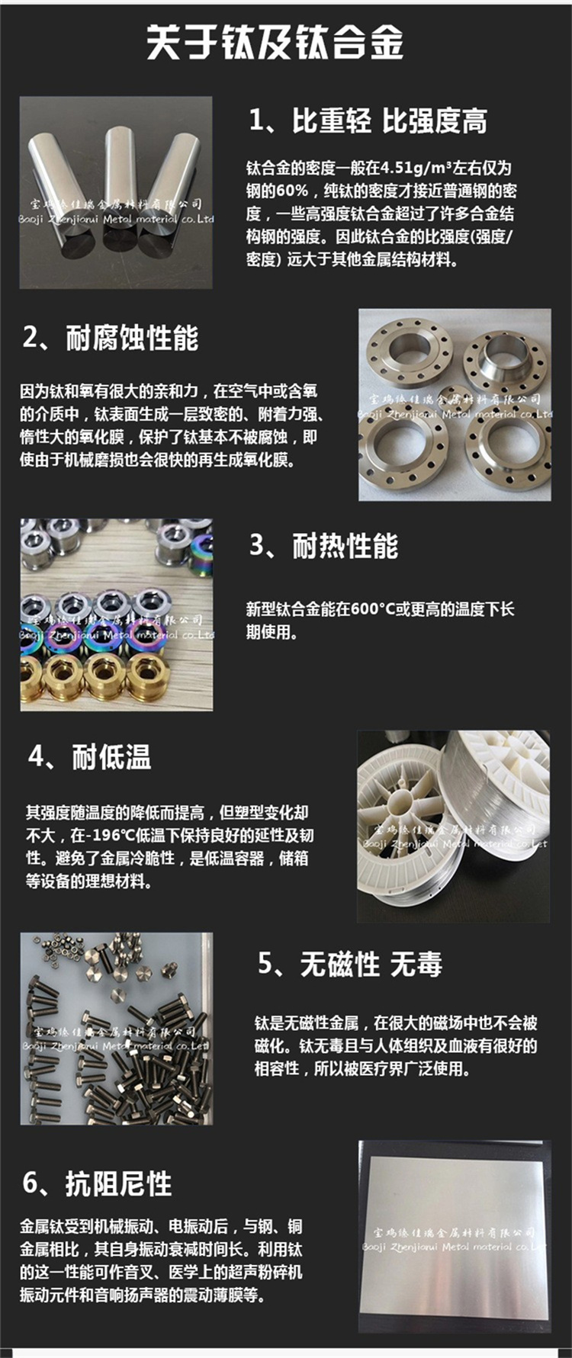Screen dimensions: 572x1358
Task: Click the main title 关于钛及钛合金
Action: [275, 41]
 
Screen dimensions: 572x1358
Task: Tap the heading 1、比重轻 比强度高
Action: [368, 121]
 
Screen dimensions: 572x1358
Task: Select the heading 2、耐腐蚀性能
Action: [111, 338]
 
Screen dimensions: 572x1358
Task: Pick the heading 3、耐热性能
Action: [324, 546]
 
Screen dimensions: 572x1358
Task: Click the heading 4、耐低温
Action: [90, 757]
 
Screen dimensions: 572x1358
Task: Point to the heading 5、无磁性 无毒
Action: [350, 965]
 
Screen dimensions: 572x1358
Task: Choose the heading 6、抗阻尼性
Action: [97, 1183]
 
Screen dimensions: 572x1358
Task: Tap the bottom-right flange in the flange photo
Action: [507, 454]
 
